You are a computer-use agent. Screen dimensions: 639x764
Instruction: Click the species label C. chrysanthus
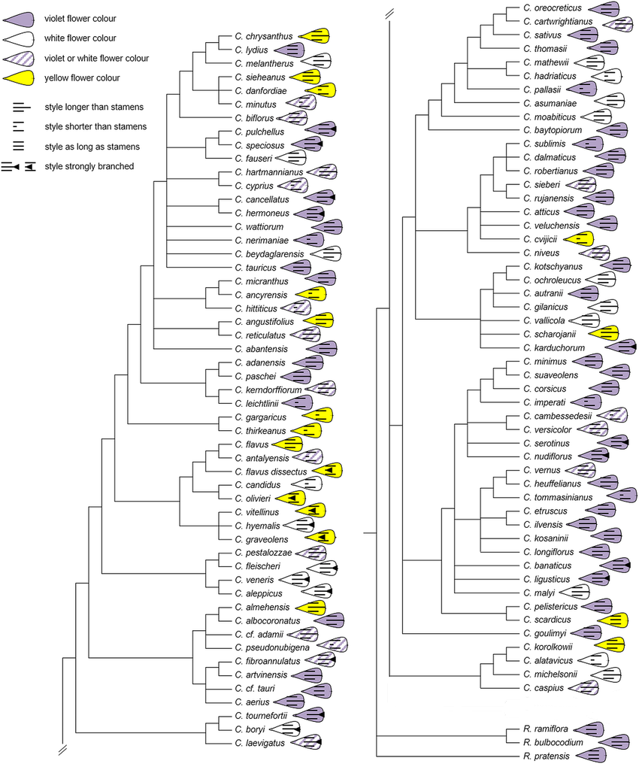pyautogui.click(x=263, y=37)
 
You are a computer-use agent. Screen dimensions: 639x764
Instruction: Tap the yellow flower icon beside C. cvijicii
pyautogui.click(x=578, y=239)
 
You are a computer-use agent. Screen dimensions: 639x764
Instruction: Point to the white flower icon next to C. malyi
pyautogui.click(x=574, y=593)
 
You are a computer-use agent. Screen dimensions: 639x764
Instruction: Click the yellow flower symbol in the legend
pyautogui.click(x=19, y=78)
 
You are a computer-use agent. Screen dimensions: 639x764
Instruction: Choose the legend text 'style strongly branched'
pyautogui.click(x=89, y=166)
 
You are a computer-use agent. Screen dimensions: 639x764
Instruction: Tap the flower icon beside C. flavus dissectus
pyautogui.click(x=327, y=470)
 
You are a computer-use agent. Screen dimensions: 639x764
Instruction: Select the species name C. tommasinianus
pyautogui.click(x=558, y=498)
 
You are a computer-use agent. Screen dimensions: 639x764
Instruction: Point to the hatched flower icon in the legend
pyautogui.click(x=19, y=59)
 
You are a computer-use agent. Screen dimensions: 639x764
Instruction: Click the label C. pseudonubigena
pyautogui.click(x=272, y=647)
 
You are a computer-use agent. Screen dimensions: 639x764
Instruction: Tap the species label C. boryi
pyautogui.click(x=250, y=729)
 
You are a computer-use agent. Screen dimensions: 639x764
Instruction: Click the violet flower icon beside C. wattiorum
pyautogui.click(x=327, y=226)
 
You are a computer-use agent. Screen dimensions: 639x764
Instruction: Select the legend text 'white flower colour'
pyautogui.click(x=80, y=38)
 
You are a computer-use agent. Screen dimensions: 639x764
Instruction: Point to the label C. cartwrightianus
pyautogui.click(x=558, y=22)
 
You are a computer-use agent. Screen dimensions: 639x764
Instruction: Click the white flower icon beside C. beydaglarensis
pyautogui.click(x=326, y=254)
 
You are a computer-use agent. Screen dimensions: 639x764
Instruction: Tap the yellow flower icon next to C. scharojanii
pyautogui.click(x=604, y=333)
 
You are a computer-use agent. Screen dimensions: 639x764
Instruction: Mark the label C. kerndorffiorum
pyautogui.click(x=268, y=390)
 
